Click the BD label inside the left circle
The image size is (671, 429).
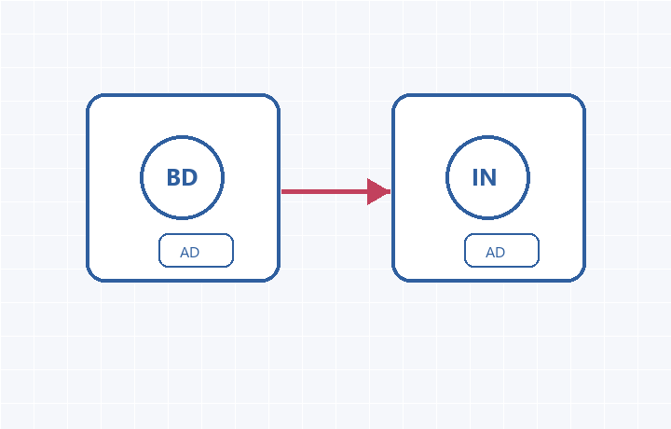point(182,177)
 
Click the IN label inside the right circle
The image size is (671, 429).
point(485,177)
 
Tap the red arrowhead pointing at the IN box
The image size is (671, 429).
point(378,191)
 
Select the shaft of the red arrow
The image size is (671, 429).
point(324,191)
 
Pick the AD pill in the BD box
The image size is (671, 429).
point(196,251)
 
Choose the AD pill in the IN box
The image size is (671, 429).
point(501,251)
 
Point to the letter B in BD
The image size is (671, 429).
point(173,177)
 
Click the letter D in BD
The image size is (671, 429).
point(190,177)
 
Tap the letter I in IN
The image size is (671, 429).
point(475,177)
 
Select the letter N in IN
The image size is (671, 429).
point(488,177)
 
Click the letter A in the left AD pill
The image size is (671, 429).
point(185,252)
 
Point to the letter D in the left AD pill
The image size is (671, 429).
point(195,252)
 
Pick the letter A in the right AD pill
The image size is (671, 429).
point(490,252)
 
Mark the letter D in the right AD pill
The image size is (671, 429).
point(500,252)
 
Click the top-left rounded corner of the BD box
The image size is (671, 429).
point(91,99)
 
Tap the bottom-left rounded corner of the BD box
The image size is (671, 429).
point(91,277)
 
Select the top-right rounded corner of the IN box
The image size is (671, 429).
point(581,99)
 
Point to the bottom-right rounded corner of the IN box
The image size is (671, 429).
point(581,277)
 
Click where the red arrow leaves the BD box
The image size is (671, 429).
point(281,191)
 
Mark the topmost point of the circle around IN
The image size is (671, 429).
point(487,136)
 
